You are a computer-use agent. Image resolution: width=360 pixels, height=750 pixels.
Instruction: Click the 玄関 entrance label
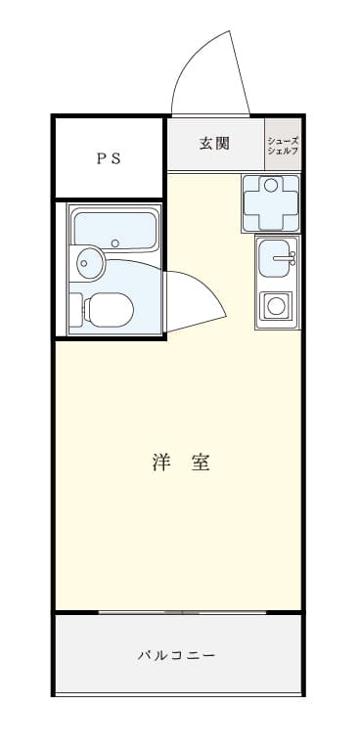[214, 144]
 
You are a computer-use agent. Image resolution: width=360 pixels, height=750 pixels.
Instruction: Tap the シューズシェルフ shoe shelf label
[283, 145]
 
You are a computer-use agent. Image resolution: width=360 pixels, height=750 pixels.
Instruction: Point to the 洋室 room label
[182, 463]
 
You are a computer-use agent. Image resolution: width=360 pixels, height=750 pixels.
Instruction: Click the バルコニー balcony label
[176, 655]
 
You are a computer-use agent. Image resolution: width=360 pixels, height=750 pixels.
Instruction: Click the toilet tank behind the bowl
[76, 310]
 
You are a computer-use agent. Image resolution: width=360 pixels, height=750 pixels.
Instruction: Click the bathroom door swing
[196, 298]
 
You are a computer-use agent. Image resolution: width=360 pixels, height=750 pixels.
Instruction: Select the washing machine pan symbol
[271, 202]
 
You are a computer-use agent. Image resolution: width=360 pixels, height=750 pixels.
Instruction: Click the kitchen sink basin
[276, 259]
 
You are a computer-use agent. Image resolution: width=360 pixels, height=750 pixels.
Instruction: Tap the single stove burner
[277, 307]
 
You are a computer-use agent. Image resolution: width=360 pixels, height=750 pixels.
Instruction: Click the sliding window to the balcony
[181, 612]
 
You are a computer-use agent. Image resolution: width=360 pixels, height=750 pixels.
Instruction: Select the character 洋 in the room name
[161, 463]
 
